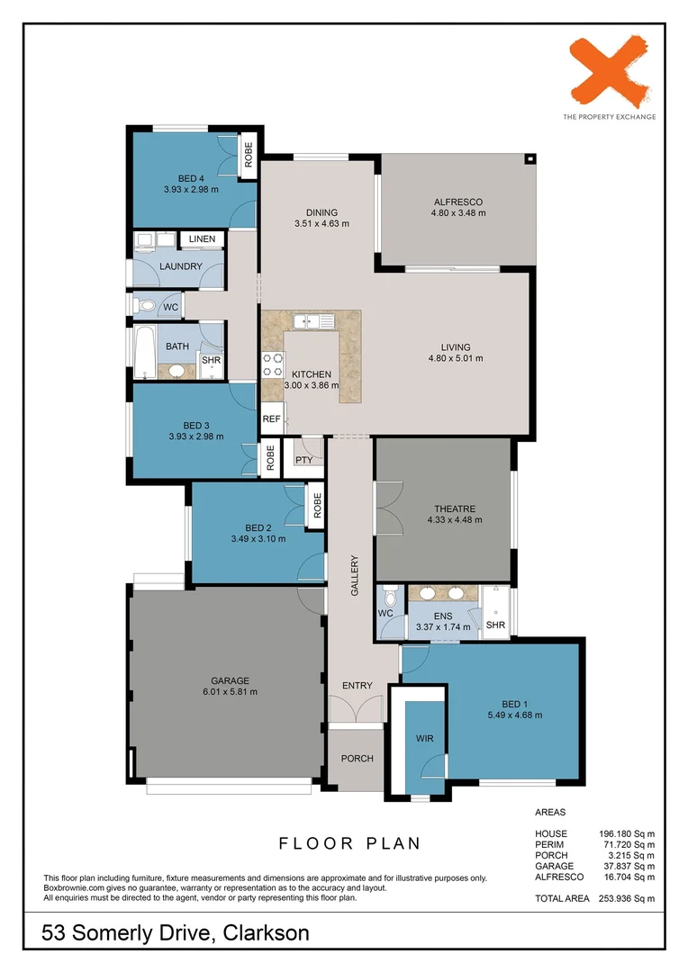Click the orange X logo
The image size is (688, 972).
pos(609,72)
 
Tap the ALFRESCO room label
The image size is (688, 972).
pos(458,202)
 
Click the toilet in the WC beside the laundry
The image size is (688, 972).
pos(146,307)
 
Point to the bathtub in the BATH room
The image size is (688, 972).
pos(144,351)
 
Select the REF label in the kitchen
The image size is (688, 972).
pos(271,418)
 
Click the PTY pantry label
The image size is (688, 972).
pos(303,460)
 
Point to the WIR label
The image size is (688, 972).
pos(425,738)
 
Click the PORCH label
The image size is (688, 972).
pos(357,759)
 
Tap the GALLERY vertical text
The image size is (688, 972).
pos(355,577)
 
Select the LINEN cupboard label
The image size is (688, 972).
pos(202,239)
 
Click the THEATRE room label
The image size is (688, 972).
pos(454,508)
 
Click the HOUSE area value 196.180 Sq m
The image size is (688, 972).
pos(627,833)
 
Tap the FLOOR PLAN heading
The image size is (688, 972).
pos(349,843)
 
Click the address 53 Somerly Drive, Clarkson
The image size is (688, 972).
pos(176,933)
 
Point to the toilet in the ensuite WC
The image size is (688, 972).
pos(390,597)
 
